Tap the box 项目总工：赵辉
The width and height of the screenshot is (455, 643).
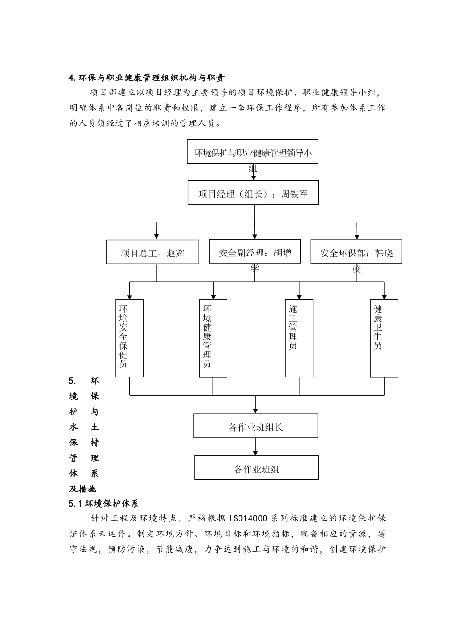[x=152, y=253]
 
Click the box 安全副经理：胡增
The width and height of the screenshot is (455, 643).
[x=254, y=252]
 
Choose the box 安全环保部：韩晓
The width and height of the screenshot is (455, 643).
[x=356, y=252]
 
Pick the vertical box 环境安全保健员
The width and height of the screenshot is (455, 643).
[x=129, y=338]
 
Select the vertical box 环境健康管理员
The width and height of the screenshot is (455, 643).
[x=213, y=338]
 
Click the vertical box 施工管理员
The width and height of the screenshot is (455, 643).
[x=299, y=338]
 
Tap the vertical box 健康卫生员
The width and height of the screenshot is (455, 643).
[x=384, y=338]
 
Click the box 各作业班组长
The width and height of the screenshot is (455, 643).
[x=255, y=426]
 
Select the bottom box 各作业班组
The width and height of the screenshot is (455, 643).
[x=256, y=468]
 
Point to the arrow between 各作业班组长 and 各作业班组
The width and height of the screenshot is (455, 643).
[x=255, y=447]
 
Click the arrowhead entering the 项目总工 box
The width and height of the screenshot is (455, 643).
[x=156, y=236]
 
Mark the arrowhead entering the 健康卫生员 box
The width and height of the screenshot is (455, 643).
[x=384, y=296]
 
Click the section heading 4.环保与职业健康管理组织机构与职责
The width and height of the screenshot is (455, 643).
[x=147, y=78]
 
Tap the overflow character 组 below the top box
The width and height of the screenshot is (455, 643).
[x=252, y=168]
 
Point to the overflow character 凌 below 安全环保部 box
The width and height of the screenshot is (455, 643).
[x=356, y=269]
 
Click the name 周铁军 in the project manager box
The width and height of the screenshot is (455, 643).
[x=295, y=194]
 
